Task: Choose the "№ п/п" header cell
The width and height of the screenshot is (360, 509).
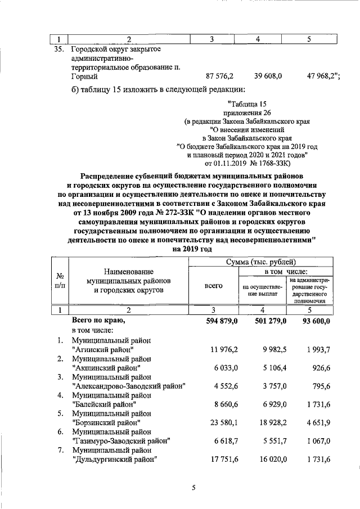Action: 60,281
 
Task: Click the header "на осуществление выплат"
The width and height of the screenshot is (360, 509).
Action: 263,290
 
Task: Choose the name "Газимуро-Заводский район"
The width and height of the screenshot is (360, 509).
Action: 121,440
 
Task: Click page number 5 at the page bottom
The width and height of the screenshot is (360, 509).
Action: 193,488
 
